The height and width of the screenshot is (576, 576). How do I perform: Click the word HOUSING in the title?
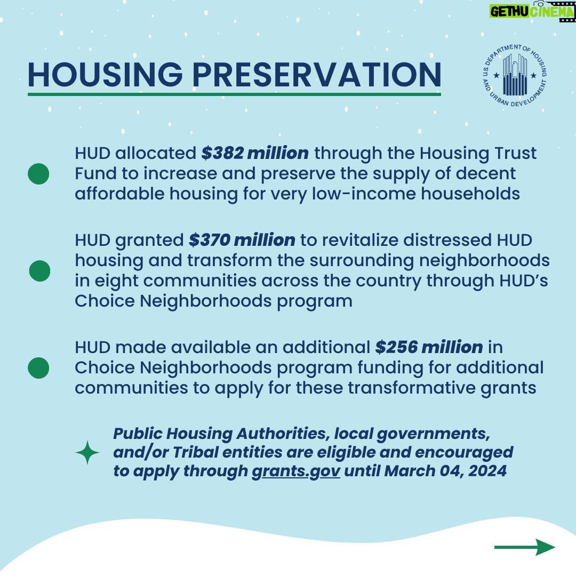point(105,75)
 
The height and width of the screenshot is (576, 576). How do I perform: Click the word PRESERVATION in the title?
point(317,75)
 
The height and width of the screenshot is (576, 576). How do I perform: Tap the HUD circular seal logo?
point(515,75)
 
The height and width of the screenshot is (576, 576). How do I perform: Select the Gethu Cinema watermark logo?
point(532,11)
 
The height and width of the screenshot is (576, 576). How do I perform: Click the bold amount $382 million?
point(255,153)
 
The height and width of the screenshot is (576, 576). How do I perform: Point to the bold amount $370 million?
point(242,240)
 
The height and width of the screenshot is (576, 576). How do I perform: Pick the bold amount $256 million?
point(429,347)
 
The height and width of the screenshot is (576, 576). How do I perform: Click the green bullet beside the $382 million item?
point(38,174)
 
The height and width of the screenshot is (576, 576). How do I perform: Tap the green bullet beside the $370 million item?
point(39,271)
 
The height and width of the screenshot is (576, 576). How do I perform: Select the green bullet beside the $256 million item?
point(38,367)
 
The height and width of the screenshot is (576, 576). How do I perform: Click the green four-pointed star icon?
point(87,453)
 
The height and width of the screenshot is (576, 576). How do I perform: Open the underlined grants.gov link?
point(296,471)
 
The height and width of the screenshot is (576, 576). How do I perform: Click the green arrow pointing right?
point(525,547)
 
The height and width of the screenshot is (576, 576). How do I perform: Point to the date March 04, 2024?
point(445,471)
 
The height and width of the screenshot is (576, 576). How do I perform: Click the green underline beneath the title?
point(234,94)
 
